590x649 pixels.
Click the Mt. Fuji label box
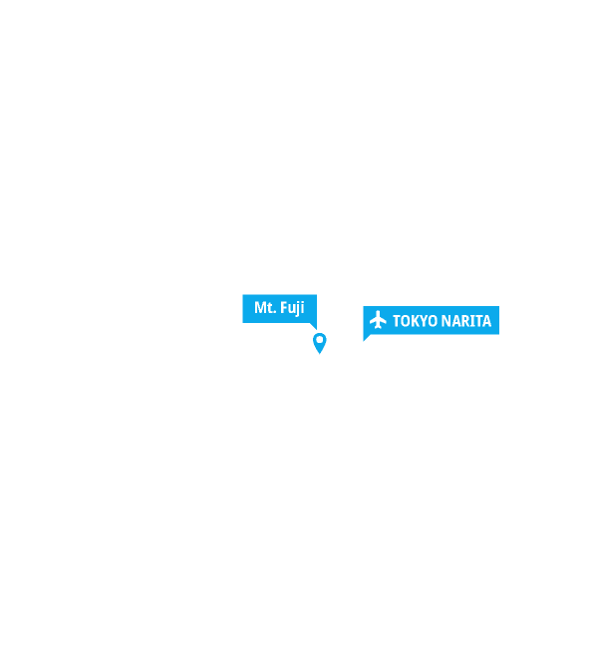click(278, 308)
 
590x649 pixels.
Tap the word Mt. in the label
click(264, 308)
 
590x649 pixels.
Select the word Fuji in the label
click(291, 308)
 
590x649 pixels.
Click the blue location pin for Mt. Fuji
click(319, 342)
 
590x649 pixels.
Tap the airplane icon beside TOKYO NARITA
click(378, 321)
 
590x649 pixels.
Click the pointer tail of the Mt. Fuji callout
click(312, 326)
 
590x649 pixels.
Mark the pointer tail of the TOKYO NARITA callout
click(368, 338)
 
